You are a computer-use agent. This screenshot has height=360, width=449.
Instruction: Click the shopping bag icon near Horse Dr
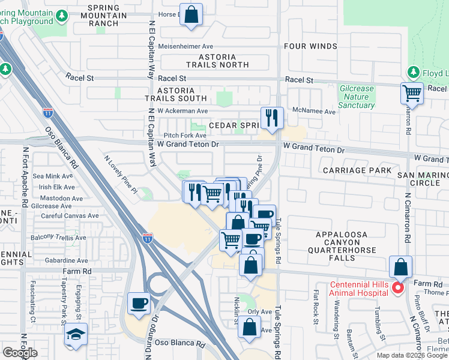191,15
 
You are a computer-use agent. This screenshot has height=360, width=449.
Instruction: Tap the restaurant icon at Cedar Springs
272,118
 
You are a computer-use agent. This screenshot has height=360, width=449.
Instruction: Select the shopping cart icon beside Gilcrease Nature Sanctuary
412,94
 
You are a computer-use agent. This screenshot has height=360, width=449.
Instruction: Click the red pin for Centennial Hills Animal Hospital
397,289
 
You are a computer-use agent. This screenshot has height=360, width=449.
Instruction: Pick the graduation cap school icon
76,334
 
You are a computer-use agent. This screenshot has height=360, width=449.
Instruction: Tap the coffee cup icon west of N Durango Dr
139,303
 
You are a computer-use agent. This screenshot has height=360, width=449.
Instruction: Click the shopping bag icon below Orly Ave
250,327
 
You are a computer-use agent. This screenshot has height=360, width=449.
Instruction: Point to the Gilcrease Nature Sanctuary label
357,97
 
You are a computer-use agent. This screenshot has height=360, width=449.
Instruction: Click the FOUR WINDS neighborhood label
310,46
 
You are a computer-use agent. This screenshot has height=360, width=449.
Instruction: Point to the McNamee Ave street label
314,111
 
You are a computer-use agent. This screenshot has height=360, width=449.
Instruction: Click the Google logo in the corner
20,353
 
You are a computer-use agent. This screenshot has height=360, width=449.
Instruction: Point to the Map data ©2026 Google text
412,355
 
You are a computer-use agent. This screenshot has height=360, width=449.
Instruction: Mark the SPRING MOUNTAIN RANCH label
107,15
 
